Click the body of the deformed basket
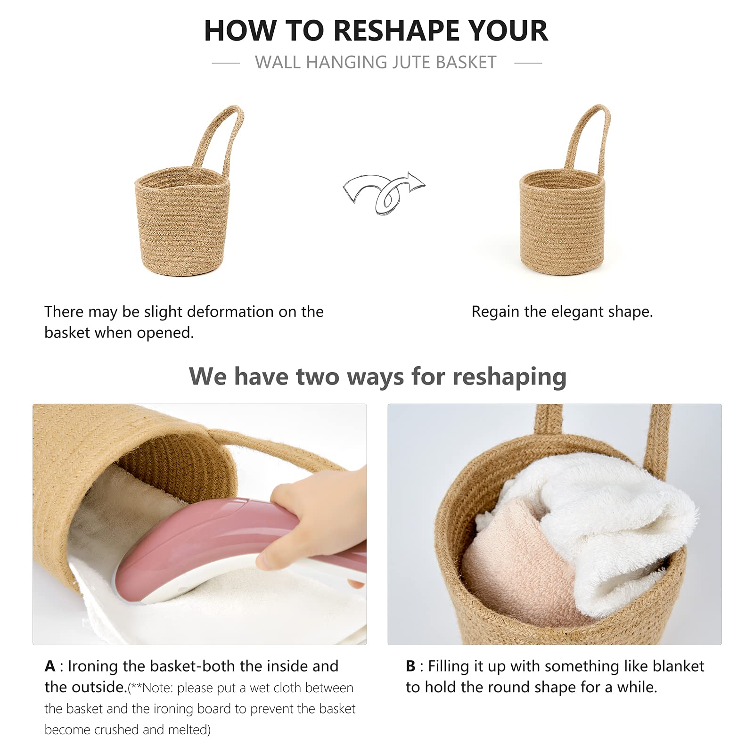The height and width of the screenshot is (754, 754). click(183, 221)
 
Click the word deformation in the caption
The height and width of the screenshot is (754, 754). click(221, 311)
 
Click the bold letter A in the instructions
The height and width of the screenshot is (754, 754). click(50, 666)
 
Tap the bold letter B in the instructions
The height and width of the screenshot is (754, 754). click(410, 666)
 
